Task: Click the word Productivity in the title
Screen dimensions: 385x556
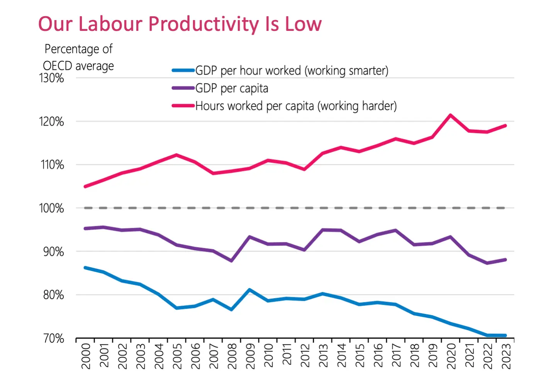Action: coord(203,24)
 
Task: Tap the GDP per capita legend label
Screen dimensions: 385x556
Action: coord(231,88)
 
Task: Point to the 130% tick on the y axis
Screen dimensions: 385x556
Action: coord(51,78)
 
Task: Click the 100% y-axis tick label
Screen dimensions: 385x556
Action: coord(51,209)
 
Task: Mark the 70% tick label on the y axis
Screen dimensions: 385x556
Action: coord(53,339)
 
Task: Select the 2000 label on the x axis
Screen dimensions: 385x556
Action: coord(86,356)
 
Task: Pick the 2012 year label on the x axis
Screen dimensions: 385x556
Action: coord(305,356)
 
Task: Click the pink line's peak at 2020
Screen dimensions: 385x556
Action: coord(450,115)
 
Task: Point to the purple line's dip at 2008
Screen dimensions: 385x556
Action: coord(231,261)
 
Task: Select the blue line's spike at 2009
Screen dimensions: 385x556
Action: coord(250,290)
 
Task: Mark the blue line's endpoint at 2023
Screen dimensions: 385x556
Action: coord(505,335)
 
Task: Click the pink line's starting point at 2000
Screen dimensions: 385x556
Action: coord(85,187)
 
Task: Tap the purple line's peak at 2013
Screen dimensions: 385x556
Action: coord(323,230)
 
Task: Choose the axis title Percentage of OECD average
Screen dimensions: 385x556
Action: coord(78,58)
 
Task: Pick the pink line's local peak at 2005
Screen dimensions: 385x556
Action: coord(176,155)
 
